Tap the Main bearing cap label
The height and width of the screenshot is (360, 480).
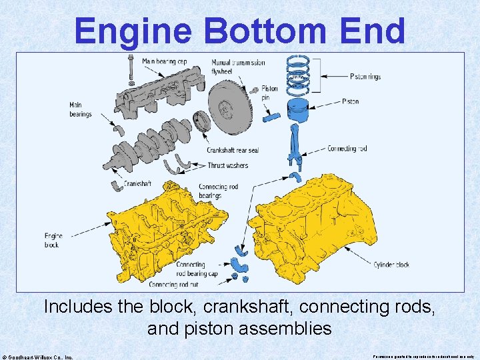163,62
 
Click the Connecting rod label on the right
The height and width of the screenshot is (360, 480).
347,149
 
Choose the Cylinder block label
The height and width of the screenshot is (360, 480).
391,265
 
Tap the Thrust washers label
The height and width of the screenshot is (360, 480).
227,165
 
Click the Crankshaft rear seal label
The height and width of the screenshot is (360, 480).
233,150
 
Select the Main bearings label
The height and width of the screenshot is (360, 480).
81,109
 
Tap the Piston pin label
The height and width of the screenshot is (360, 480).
269,93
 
